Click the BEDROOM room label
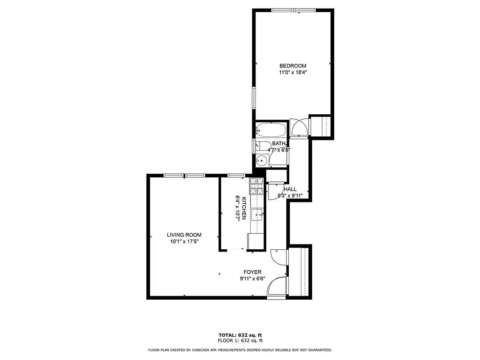click(x=293, y=66)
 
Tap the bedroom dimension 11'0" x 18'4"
click(x=293, y=72)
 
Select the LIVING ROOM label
click(x=184, y=234)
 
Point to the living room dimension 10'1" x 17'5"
click(x=184, y=241)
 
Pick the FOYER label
click(x=252, y=272)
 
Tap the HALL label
click(x=290, y=189)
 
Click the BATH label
click(x=278, y=144)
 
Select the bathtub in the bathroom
click(x=271, y=130)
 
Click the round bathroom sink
click(x=261, y=160)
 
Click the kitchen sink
click(x=258, y=215)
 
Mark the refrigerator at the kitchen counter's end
click(x=255, y=241)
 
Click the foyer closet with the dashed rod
click(x=299, y=271)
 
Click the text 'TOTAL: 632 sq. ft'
click(x=240, y=335)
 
